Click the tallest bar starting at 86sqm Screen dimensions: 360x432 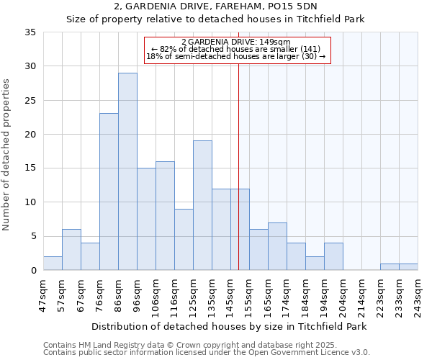pyautogui.click(x=127, y=171)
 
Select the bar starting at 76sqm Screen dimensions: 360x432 pyautogui.click(x=109, y=192)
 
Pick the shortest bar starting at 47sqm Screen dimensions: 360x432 pyautogui.click(x=53, y=264)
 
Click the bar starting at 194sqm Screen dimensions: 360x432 pyautogui.click(x=333, y=256)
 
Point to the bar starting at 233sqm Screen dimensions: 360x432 pyautogui.click(x=408, y=267)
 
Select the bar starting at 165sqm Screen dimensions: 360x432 pyautogui.click(x=277, y=246)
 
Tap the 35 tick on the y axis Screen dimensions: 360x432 pyautogui.click(x=31, y=32)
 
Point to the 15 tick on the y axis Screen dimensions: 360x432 pyautogui.click(x=31, y=168)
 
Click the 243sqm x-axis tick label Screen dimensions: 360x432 pyautogui.click(x=418, y=294)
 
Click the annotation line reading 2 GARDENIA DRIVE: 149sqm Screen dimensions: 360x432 pyautogui.click(x=236, y=42)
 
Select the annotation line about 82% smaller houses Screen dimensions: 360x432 pyautogui.click(x=236, y=49)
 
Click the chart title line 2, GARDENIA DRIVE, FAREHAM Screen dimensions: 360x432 pyautogui.click(x=215, y=6)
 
